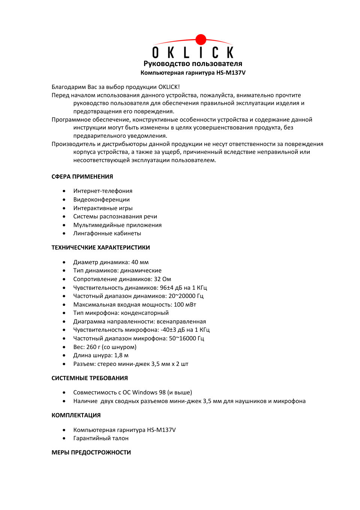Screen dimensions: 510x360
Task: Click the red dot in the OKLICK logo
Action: click(201, 39)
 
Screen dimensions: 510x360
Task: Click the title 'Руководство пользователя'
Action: click(193, 64)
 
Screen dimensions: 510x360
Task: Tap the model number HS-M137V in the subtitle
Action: click(231, 73)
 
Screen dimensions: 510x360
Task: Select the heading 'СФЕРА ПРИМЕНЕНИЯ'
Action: click(82, 177)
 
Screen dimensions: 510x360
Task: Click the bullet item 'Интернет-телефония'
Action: click(103, 191)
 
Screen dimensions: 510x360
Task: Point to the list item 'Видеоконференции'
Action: click(101, 200)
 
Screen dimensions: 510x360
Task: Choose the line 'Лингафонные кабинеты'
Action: click(107, 233)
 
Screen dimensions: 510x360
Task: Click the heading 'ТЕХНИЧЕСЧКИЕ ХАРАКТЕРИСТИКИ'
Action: click(100, 248)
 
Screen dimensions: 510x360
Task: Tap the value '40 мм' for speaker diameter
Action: click(140, 262)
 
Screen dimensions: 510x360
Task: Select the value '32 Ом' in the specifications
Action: click(162, 279)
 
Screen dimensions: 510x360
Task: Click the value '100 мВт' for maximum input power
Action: click(185, 305)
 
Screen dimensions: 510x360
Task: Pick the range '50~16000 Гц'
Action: click(186, 338)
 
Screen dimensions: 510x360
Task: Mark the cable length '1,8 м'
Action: click(121, 355)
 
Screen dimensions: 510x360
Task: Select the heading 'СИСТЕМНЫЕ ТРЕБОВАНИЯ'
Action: click(90, 378)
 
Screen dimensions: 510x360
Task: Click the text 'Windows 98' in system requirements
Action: click(149, 393)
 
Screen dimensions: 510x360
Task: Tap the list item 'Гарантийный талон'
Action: click(101, 438)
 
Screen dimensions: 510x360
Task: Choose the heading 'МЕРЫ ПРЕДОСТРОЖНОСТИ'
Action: click(91, 453)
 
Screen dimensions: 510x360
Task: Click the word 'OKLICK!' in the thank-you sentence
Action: click(169, 87)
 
